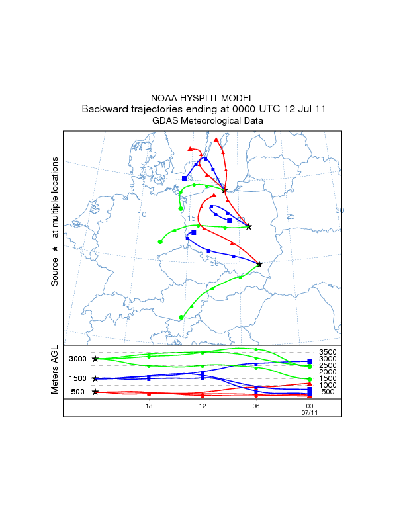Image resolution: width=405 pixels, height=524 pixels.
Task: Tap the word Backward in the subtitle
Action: point(104,109)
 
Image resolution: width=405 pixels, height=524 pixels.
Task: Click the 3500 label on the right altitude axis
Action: point(328,352)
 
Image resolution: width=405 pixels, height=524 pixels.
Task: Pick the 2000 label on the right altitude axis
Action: point(328,372)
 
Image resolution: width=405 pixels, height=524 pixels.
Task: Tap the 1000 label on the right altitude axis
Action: point(328,385)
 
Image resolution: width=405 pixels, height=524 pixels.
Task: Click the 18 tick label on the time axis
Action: point(149,406)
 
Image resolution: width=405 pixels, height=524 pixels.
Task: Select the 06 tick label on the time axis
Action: point(255,406)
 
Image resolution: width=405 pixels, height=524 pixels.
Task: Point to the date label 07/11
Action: point(309,412)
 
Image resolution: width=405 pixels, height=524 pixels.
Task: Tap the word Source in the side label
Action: point(56,272)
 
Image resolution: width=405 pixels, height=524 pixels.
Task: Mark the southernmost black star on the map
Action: point(259,264)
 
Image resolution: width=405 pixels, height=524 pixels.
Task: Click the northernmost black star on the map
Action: point(225,191)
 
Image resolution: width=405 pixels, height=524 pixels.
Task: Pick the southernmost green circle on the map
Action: point(181,317)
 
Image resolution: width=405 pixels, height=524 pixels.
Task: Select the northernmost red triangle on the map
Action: point(216,140)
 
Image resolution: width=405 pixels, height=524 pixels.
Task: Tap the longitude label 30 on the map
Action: point(339,211)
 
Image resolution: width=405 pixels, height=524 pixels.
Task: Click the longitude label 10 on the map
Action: point(142,214)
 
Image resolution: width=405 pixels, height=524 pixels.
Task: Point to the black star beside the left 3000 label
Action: point(95,359)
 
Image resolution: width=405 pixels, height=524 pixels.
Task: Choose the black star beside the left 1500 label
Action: point(95,378)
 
